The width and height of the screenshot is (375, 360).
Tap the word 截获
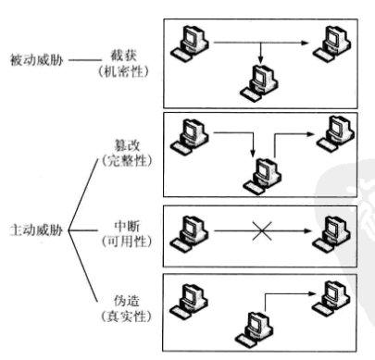coord(131,52)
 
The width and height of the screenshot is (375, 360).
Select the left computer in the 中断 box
coord(194,229)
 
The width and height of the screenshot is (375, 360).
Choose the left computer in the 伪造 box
coord(194,298)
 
